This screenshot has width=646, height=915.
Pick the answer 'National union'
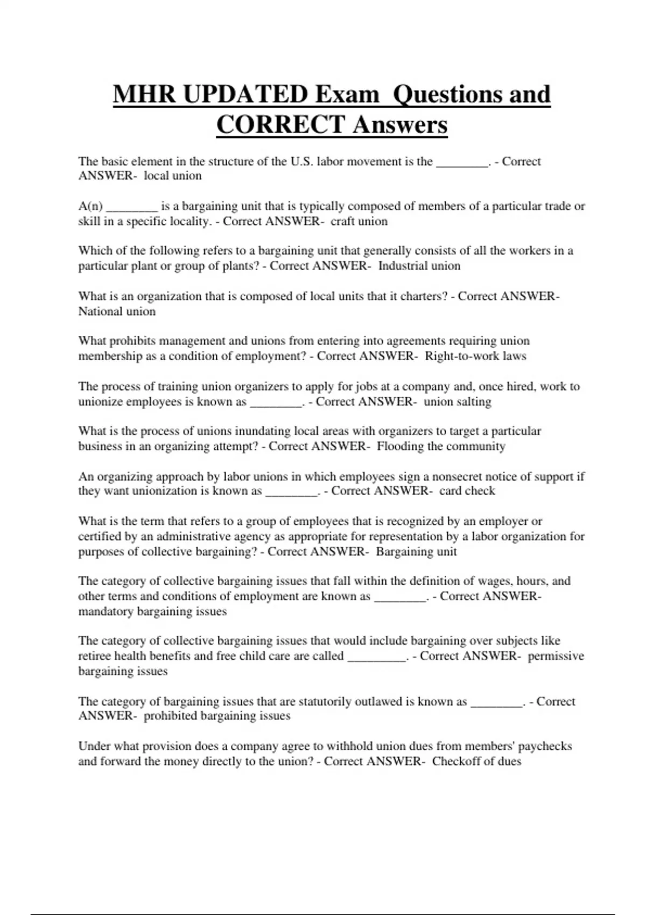pos(117,312)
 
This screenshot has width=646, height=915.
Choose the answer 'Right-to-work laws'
pos(475,356)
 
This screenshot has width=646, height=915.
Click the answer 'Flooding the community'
pos(441,446)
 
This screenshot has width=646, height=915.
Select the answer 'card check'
pos(467,491)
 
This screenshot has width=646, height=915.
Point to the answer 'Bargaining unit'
pos(416,552)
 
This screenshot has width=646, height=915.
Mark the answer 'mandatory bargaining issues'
pos(152,611)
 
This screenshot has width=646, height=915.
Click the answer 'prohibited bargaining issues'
pos(217,716)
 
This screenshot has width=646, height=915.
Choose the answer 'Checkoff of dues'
pos(476,762)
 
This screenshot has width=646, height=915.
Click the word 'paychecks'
pos(545,747)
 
